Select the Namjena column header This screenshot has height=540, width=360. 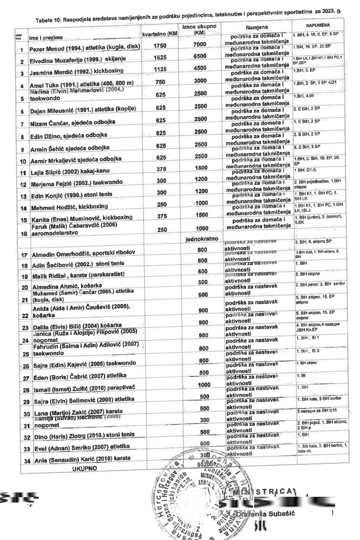coord(257,28)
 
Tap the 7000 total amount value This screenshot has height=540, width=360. coord(200,44)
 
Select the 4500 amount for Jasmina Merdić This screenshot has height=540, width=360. coord(200,68)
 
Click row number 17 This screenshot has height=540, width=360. coord(24,255)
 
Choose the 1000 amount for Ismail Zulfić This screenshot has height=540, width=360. coord(204,385)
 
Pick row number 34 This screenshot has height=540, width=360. coord(27,461)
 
